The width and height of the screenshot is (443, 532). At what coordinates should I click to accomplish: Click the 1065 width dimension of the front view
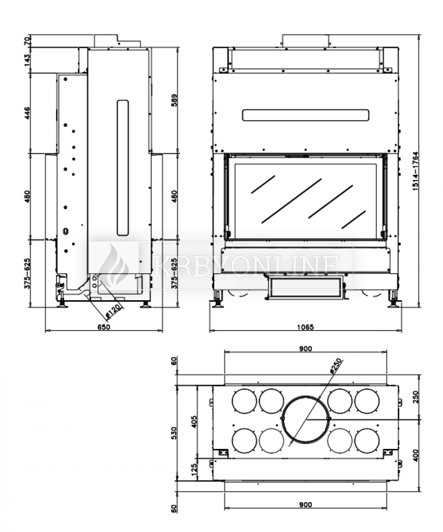[x=305, y=327]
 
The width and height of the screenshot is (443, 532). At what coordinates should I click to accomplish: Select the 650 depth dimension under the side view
[x=104, y=327]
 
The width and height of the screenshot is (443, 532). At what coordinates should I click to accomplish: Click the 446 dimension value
[x=27, y=113]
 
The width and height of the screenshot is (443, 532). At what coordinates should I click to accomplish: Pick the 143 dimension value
[x=27, y=59]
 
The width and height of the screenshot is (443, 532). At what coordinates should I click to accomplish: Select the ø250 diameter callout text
[x=335, y=366]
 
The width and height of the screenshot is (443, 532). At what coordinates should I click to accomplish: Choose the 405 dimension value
[x=194, y=421]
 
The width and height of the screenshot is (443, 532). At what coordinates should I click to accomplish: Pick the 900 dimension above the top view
[x=305, y=348]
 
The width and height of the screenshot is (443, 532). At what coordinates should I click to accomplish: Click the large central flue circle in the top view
[x=305, y=419]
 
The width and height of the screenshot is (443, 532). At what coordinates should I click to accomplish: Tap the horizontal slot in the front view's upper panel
[x=305, y=114]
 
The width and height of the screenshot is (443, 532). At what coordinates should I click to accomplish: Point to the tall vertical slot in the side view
[x=122, y=166]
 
